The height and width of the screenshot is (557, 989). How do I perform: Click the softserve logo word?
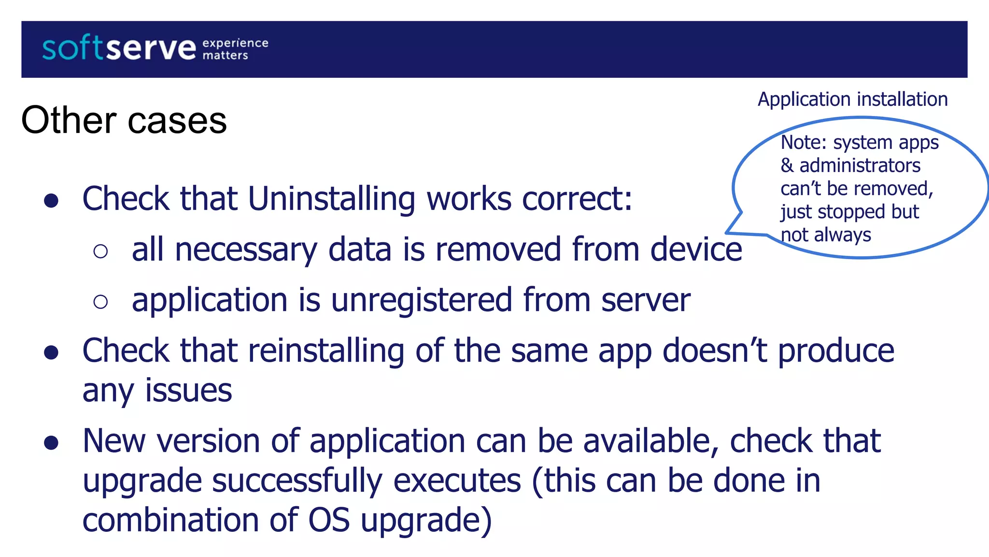point(119,49)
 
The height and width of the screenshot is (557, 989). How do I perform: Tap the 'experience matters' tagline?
point(235,49)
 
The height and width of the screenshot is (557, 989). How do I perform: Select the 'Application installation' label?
point(852,100)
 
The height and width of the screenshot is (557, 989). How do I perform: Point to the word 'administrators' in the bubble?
point(860,166)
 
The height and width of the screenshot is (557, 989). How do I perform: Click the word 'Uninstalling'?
point(331,199)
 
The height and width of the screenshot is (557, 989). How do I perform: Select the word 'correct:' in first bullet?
point(577,199)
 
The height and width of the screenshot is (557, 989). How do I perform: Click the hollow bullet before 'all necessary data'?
point(100,251)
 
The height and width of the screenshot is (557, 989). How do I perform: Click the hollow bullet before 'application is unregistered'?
point(100,302)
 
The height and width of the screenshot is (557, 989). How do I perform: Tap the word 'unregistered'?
point(421,300)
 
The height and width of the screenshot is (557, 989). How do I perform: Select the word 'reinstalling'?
point(326,351)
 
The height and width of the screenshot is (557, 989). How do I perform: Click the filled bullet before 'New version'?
point(51,442)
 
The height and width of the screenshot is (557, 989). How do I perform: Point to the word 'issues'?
point(188,391)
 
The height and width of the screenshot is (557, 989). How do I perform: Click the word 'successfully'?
point(297,481)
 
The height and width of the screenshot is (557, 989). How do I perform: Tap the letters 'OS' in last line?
point(329,520)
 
